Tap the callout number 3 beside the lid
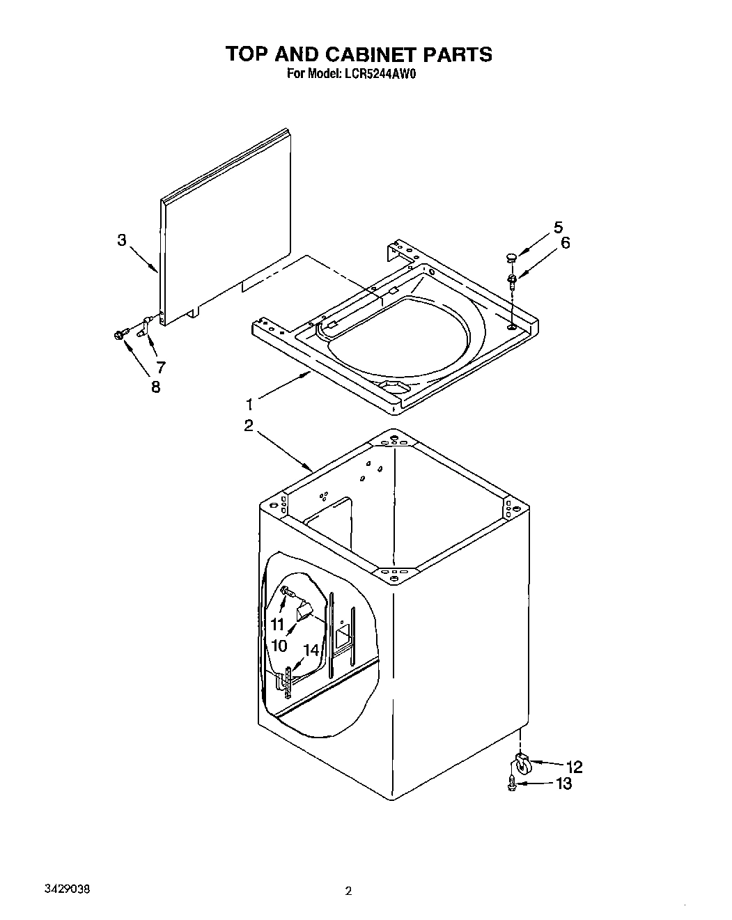click(122, 240)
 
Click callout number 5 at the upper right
click(558, 227)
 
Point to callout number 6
click(565, 243)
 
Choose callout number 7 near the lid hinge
click(160, 366)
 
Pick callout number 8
click(155, 387)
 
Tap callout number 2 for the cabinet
click(249, 426)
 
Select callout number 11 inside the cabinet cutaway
click(278, 624)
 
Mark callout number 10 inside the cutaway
click(279, 646)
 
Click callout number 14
click(311, 650)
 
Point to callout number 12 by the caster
click(574, 767)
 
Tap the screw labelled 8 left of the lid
click(119, 336)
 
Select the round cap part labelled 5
click(511, 258)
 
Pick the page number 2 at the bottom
click(349, 891)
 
